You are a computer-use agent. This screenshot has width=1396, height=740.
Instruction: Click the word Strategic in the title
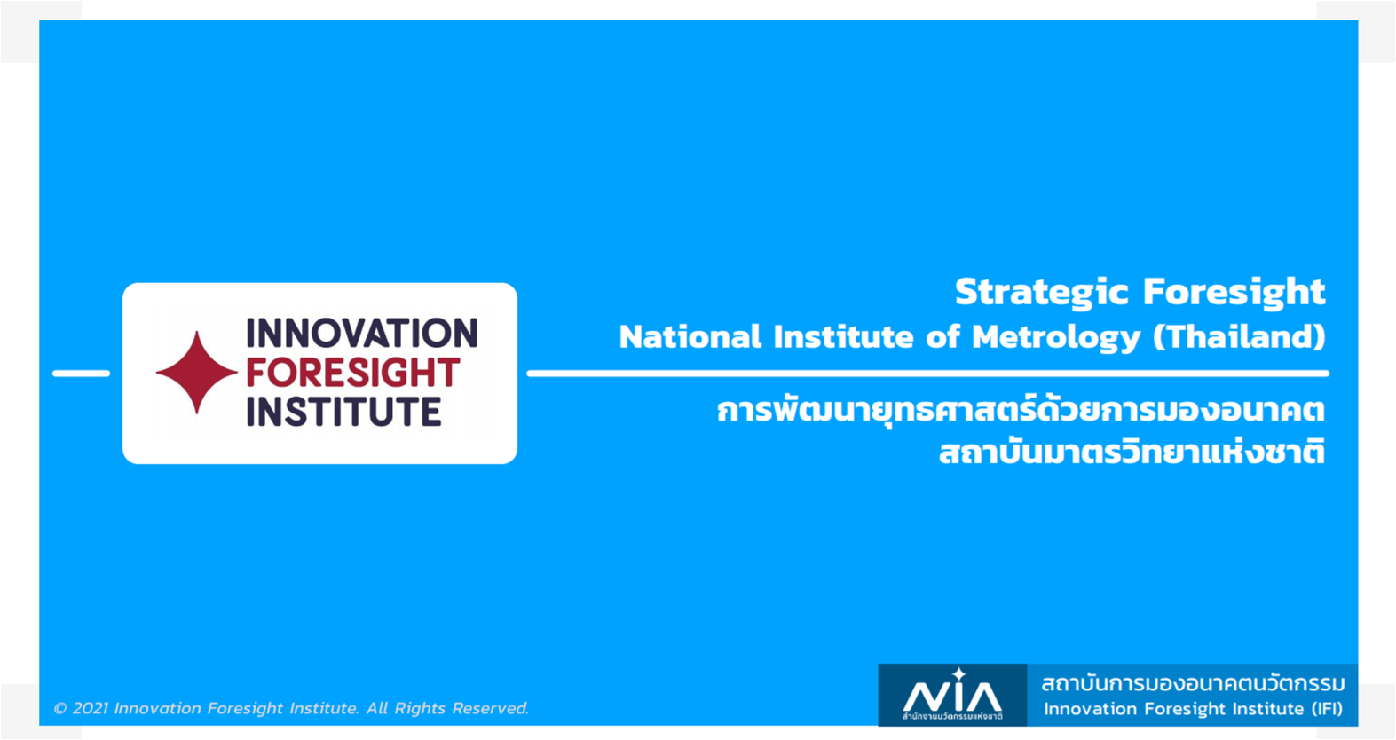coord(1041,293)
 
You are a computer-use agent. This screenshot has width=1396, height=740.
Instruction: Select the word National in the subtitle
coord(690,337)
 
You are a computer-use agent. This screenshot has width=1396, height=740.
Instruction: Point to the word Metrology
coord(1056,338)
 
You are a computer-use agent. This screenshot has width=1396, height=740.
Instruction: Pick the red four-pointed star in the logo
coord(197,372)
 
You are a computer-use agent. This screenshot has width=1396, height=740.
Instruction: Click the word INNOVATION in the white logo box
coord(362,333)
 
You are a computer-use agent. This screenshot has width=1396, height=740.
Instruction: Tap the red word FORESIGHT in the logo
coord(353,372)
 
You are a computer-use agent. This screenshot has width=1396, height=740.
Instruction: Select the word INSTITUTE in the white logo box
coord(344,411)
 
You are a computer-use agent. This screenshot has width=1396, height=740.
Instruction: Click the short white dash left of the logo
coord(81,374)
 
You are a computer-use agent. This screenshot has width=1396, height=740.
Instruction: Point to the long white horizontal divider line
coord(928,374)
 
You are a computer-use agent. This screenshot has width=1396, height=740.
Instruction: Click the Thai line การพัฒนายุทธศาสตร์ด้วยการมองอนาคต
coord(1021,410)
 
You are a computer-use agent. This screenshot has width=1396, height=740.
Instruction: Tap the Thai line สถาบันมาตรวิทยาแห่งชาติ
coord(1132,451)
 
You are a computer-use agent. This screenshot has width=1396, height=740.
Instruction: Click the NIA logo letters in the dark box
coord(952,697)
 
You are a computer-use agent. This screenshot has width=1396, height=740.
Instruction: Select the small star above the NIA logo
coord(959,674)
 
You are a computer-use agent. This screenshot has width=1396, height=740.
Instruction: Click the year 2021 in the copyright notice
coord(91,708)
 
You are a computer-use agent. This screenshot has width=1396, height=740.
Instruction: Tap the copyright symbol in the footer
coord(60,709)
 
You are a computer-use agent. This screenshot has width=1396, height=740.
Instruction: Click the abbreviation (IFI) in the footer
coord(1327,709)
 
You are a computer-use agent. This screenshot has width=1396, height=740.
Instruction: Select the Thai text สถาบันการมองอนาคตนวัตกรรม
coord(1193,683)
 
